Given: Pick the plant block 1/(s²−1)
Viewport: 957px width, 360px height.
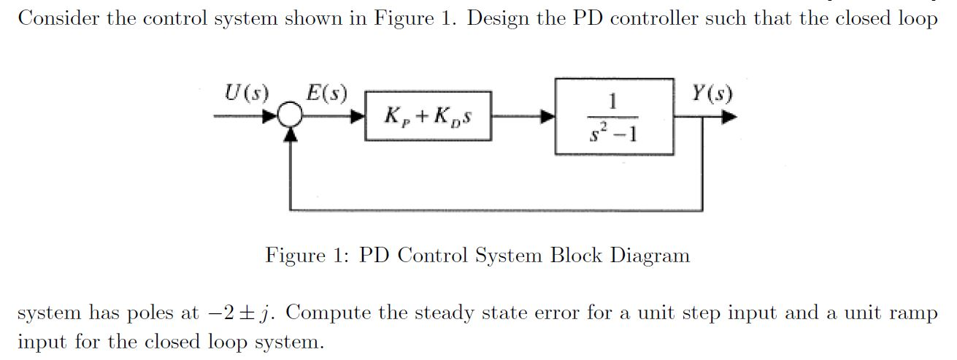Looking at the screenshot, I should pyautogui.click(x=614, y=115).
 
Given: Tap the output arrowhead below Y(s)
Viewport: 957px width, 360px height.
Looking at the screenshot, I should pyautogui.click(x=730, y=116).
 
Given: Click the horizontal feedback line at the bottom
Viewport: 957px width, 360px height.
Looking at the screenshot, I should pyautogui.click(x=496, y=210).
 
